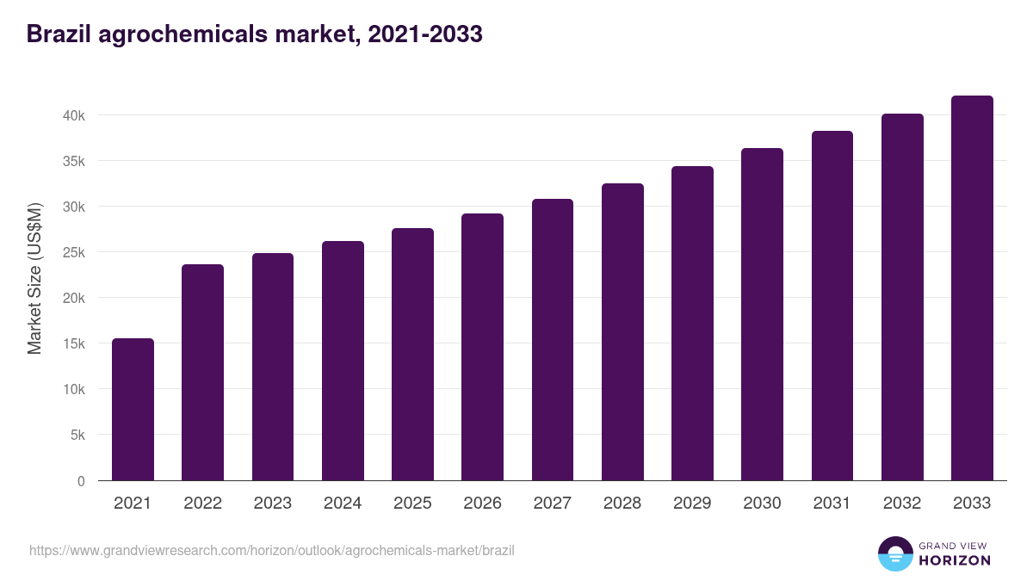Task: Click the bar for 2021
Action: pos(133,410)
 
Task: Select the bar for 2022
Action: pos(202,373)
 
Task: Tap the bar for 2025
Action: pos(412,355)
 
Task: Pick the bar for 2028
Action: pos(622,332)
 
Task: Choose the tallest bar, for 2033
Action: pos(972,288)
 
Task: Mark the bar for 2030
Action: pos(762,314)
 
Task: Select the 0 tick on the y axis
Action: pos(81,481)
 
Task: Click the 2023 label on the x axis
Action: pos(272,504)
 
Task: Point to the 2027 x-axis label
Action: pos(552,504)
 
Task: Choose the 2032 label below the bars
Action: pos(902,504)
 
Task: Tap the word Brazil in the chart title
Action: pos(59,34)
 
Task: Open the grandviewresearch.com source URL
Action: pos(272,550)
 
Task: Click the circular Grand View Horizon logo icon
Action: pos(895,553)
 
